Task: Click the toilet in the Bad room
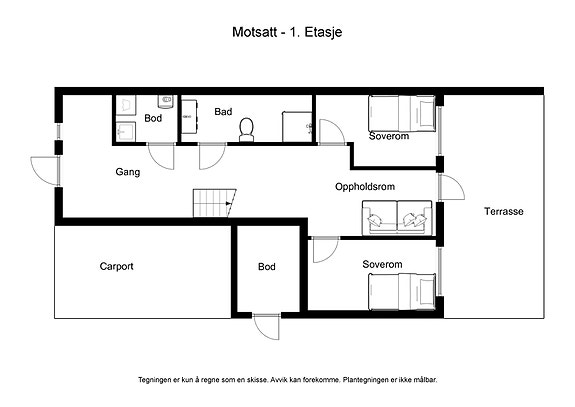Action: coord(246,129)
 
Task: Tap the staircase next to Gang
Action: coord(215,203)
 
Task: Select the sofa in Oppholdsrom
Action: coord(397,218)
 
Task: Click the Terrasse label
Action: coord(503,211)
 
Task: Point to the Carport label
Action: coord(116,266)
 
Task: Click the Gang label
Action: coord(128,172)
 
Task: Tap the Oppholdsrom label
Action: coord(365,187)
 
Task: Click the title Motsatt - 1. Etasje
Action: coord(287,32)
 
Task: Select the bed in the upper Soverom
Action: coord(402,114)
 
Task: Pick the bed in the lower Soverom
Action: coord(402,292)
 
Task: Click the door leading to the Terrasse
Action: coord(451,187)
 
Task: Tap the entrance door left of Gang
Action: coord(45,170)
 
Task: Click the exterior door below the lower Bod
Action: coord(267,326)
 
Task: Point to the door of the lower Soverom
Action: coord(325,250)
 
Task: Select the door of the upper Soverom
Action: coord(332,132)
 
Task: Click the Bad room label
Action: coord(223,111)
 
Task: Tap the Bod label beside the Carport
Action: coord(267,267)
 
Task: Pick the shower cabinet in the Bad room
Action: coord(297,126)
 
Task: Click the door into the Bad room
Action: coord(212,157)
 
